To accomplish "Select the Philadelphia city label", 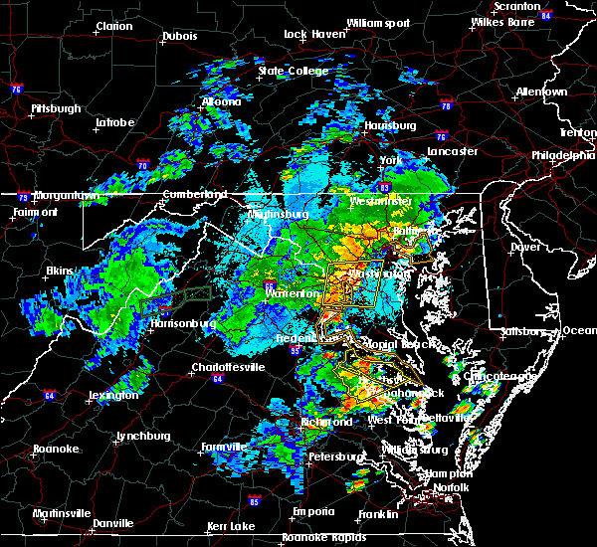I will pyautogui.click(x=562, y=155).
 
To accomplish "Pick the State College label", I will pyautogui.click(x=293, y=71).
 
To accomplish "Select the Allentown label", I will pyautogui.click(x=541, y=91).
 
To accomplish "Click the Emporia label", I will pyautogui.click(x=286, y=512).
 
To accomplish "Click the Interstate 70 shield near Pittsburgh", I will pyautogui.click(x=143, y=166).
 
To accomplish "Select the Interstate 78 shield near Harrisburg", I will pyautogui.click(x=446, y=105).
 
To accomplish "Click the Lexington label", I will pyautogui.click(x=112, y=395).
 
